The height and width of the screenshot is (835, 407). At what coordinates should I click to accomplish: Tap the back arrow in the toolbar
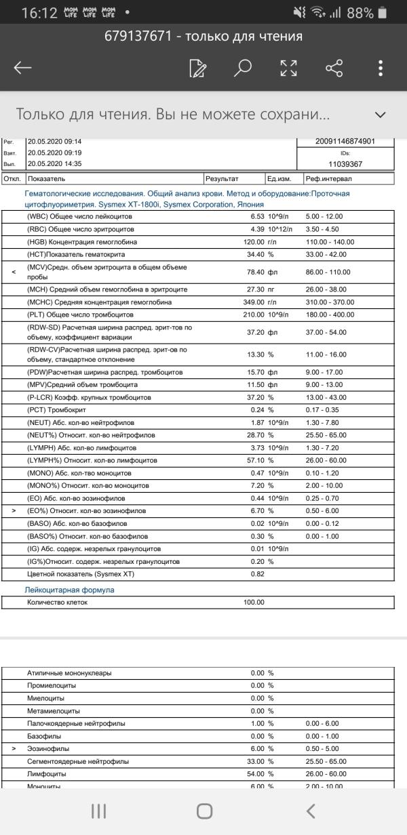tap(23, 68)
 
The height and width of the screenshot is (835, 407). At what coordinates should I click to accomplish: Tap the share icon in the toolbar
tap(334, 68)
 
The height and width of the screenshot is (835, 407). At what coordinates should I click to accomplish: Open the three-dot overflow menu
tap(381, 68)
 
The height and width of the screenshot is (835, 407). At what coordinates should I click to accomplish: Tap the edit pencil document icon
tap(198, 68)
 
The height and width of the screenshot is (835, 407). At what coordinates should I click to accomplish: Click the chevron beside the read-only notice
tap(381, 115)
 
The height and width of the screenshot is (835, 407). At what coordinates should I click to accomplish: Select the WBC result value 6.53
tap(253, 216)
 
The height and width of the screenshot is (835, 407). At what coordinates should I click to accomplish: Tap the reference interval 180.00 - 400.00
tap(331, 314)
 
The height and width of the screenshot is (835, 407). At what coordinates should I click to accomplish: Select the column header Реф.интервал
tap(328, 179)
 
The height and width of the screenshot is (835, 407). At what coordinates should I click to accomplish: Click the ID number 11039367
tap(345, 164)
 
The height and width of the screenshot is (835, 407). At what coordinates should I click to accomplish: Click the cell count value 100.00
tap(254, 602)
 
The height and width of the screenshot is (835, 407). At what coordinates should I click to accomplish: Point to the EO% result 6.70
tap(254, 511)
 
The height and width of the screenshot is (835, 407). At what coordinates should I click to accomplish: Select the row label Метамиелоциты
tap(53, 711)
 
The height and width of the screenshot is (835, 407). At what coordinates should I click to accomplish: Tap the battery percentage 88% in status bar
tap(360, 13)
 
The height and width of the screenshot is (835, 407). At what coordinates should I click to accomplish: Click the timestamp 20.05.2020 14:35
tap(54, 164)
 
